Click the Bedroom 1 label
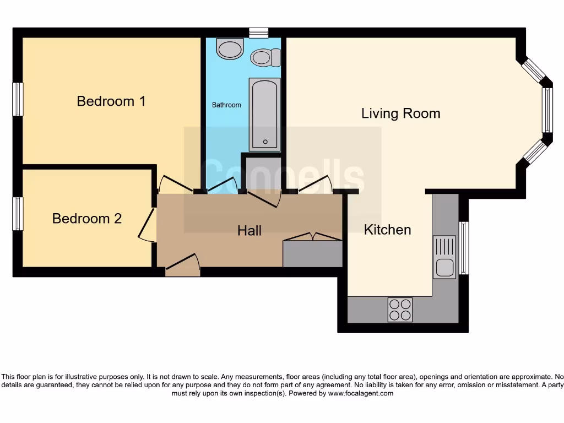(x=111, y=101)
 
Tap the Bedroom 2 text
(x=87, y=219)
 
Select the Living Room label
(x=400, y=113)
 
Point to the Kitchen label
(x=387, y=230)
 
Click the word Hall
(x=249, y=231)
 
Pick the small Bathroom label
(x=226, y=105)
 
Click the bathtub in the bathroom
(x=265, y=115)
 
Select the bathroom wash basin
(x=230, y=48)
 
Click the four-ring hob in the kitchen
(x=400, y=310)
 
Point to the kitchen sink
(x=444, y=257)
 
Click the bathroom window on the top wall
(x=258, y=32)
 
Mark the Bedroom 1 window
(x=18, y=100)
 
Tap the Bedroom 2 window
(x=18, y=214)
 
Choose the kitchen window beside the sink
(x=464, y=248)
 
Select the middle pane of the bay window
(x=547, y=111)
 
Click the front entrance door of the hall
(x=182, y=266)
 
